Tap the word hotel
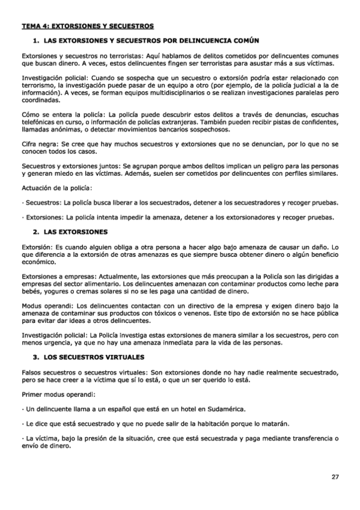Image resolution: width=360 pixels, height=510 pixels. click(170, 408)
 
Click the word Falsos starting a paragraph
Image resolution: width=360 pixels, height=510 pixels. click(33, 372)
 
